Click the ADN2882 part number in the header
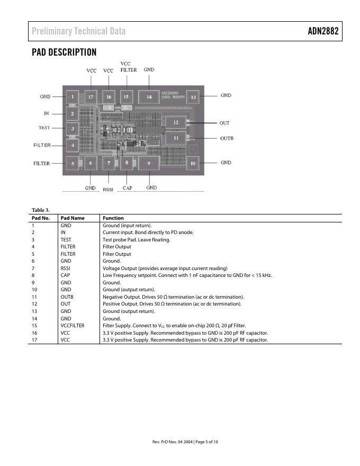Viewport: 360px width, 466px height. pos(323,31)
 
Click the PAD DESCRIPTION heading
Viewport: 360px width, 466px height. pos(64,52)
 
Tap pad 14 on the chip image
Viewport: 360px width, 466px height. pos(149,97)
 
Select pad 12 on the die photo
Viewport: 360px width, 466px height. pos(175,122)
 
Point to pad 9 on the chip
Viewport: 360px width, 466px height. pos(149,164)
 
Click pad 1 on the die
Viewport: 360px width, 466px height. pos(72,96)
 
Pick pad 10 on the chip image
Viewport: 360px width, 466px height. pos(193,164)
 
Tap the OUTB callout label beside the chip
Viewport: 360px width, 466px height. pos(227,138)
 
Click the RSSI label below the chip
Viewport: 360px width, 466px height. pos(108,189)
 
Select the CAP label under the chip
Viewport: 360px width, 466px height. pos(127,188)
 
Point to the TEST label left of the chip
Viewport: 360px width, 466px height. pos(44,128)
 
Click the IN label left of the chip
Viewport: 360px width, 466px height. pos(46,113)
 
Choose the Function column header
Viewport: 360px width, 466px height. pos(113,218)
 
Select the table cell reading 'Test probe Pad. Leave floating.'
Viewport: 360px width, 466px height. pos(136,239)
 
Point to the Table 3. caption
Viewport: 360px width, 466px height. pos(41,210)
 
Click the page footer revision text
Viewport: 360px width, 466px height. pos(185,442)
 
